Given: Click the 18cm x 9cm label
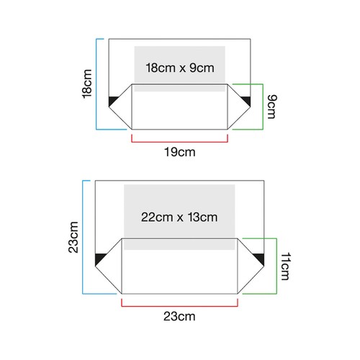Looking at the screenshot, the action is tap(180, 68).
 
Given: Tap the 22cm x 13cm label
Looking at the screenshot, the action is tap(179, 217).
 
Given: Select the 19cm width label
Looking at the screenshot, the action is tap(180, 152).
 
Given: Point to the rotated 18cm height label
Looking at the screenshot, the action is tap(87, 84).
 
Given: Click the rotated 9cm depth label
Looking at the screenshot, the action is tap(272, 107).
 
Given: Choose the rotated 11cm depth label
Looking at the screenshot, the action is tap(286, 266).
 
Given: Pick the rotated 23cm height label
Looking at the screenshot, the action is tap(73, 238).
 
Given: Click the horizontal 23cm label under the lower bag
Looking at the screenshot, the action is tap(179, 316).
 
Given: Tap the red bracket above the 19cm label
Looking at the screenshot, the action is tap(179, 142).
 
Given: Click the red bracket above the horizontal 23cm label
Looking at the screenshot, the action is tap(179, 306).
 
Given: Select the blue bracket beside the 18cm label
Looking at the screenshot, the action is tap(96, 84).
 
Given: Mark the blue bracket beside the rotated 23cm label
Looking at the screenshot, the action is tap(83, 237).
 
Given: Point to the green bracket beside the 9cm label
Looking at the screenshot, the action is tap(263, 107).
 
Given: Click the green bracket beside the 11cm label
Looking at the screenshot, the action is tap(276, 266).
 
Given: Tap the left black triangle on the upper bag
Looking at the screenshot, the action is tap(112, 100).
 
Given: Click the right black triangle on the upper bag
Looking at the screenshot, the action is tap(247, 100).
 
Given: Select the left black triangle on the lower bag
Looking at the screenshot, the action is tap(99, 258).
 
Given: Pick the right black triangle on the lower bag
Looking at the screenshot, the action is tap(260, 258).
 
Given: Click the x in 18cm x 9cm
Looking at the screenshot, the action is tap(182, 69).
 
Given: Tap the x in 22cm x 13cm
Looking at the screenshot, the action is tap(180, 218).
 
